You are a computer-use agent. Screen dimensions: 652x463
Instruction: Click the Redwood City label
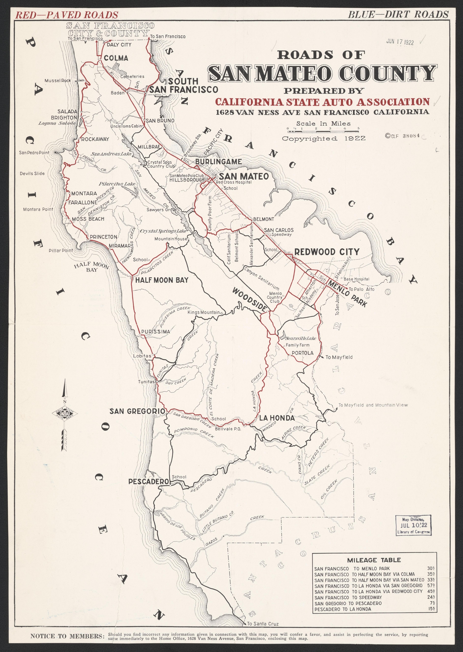click(327, 252)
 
